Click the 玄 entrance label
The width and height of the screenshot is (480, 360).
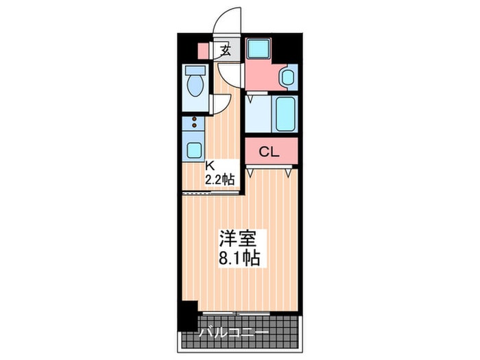(x=226, y=49)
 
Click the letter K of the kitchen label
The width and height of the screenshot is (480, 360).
(x=211, y=165)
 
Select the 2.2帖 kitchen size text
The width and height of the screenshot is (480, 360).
(x=221, y=179)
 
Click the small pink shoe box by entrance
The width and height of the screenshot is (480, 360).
(x=203, y=50)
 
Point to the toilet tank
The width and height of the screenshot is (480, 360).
(x=195, y=71)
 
